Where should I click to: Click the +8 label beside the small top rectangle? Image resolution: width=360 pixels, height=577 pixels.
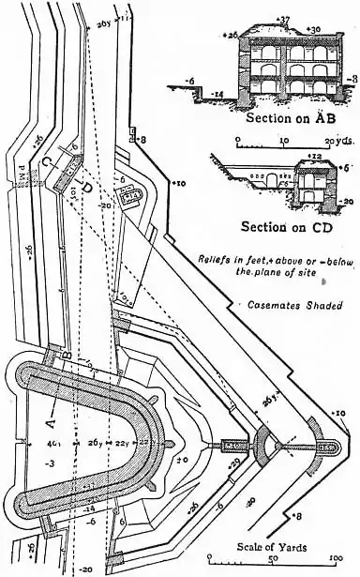pyautogui.click(x=142, y=139)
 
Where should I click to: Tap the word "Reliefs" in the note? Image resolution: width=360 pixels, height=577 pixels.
pyautogui.click(x=217, y=257)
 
